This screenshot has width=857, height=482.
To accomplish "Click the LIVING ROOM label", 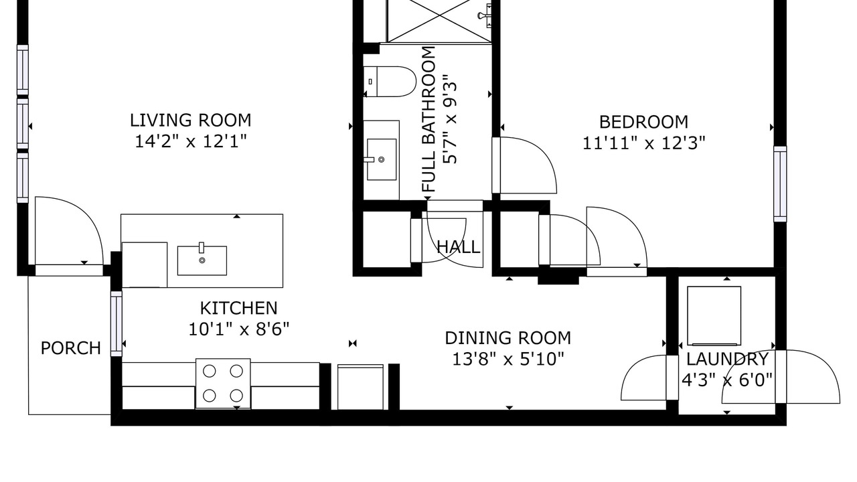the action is [191, 120].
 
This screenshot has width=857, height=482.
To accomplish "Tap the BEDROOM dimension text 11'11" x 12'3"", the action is [643, 143].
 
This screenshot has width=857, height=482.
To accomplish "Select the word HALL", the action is [459, 247].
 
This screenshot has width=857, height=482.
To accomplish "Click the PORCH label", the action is [71, 348].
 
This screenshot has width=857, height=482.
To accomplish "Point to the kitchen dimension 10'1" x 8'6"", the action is [239, 329].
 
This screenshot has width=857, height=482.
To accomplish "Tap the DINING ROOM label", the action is [508, 338].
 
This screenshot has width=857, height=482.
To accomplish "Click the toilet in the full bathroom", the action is [390, 82].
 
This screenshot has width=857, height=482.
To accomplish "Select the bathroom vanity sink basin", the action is [382, 159].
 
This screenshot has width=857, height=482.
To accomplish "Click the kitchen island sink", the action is [202, 260].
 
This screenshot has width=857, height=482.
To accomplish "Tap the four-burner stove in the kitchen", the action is [223, 384].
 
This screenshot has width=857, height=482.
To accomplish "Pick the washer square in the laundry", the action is [714, 316].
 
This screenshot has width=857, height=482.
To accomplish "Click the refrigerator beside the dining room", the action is [360, 387].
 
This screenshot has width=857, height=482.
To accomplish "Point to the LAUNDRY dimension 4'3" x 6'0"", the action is [727, 380].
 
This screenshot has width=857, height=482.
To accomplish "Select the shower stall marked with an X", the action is [439, 21].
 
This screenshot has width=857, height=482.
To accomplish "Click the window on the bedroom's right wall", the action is [780, 184].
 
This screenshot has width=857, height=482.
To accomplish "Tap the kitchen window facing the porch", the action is [116, 323].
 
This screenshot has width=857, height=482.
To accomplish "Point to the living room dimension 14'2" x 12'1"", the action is [191, 142].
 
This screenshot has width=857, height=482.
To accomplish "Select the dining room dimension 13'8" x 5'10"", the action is [508, 359].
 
